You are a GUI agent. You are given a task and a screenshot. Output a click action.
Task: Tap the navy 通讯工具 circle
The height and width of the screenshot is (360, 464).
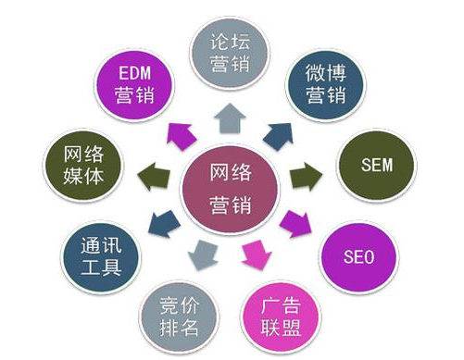click(103, 256)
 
